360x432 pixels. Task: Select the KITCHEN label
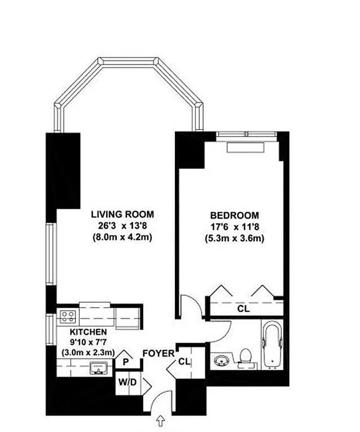(87, 332)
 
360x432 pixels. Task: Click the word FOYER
(159, 354)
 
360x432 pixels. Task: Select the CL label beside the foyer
(184, 361)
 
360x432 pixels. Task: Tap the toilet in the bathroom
(244, 357)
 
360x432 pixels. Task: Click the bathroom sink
(221, 360)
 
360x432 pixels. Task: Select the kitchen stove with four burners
(68, 315)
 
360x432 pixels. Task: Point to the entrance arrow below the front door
(160, 420)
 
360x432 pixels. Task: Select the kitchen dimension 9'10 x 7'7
(87, 342)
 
